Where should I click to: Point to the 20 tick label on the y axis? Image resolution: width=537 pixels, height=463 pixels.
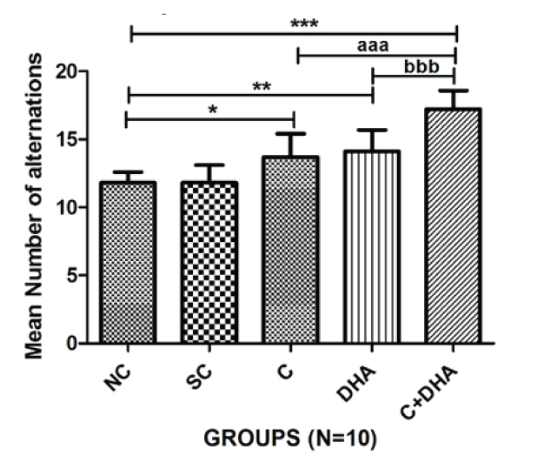pyautogui.click(x=73, y=71)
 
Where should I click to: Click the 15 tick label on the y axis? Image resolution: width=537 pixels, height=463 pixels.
pyautogui.click(x=73, y=139)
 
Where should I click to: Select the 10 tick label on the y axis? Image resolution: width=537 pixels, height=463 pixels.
pyautogui.click(x=73, y=207)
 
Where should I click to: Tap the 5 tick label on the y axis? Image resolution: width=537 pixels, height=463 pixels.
pyautogui.click(x=79, y=275)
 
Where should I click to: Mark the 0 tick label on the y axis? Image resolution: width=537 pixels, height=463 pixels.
pyautogui.click(x=79, y=343)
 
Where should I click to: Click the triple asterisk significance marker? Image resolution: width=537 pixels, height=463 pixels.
pyautogui.click(x=304, y=23)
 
